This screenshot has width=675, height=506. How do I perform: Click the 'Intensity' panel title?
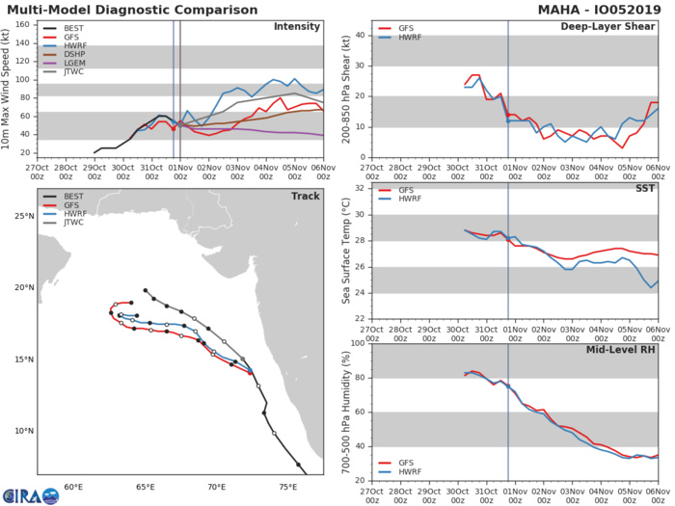click(297, 28)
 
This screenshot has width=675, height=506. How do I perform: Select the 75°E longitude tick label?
click(288, 487)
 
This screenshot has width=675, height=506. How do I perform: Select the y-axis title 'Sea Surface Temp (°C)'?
click(343, 253)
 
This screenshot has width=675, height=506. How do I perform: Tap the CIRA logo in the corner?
click(30, 493)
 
